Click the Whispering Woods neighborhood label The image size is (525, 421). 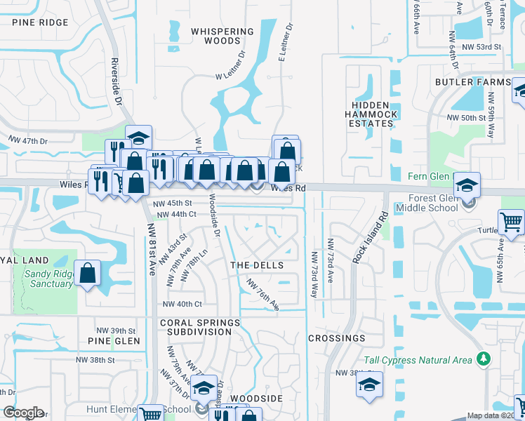point(222,36)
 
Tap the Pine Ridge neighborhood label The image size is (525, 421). point(40,22)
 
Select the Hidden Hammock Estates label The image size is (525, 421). point(371,114)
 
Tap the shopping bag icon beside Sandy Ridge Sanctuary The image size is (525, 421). point(88,274)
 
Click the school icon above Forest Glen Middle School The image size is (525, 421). point(466,185)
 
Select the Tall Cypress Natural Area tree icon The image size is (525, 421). point(482,359)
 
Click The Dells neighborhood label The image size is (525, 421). point(257,265)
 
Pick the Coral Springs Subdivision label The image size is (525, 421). point(200,328)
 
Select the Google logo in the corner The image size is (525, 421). point(23,413)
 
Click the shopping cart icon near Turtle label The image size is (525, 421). point(512,222)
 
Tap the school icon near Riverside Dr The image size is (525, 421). point(139,137)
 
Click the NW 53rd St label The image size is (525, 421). point(480,46)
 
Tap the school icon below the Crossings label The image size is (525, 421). point(369,385)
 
